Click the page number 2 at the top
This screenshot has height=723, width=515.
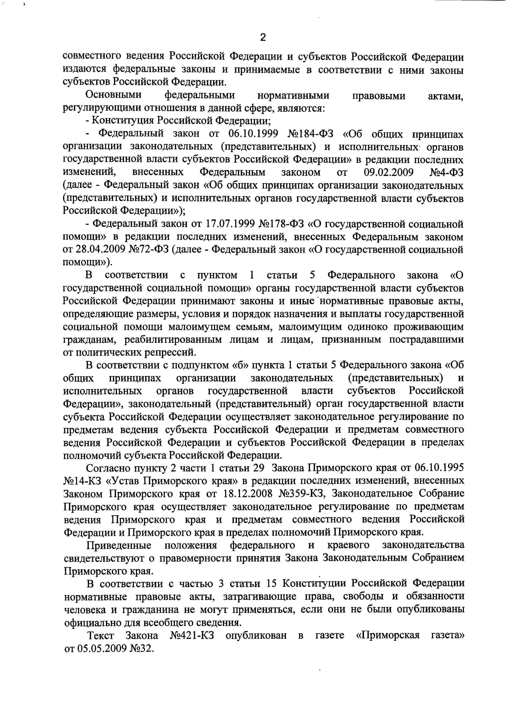coord(263,37)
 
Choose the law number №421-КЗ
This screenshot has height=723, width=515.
coord(192,635)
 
